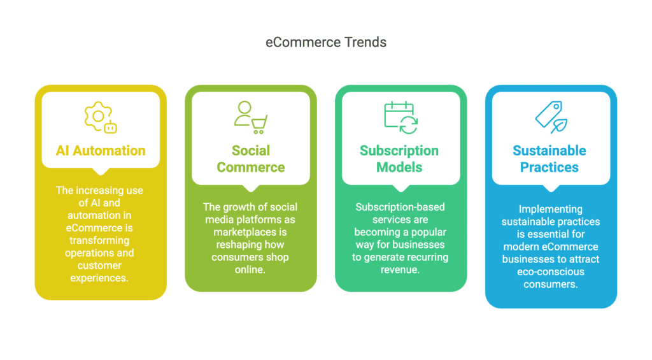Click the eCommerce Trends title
point(326,43)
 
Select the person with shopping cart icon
point(251,117)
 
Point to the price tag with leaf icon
point(551,117)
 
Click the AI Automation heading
point(101,150)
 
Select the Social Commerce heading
point(251,159)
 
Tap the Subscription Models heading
point(399,159)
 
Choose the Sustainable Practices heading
point(549,159)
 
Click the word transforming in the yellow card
point(99,241)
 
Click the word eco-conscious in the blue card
point(551,272)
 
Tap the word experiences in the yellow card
point(99,278)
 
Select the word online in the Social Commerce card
point(249,270)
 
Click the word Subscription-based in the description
point(400,207)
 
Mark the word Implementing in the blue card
point(551,210)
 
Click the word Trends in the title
point(365,43)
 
